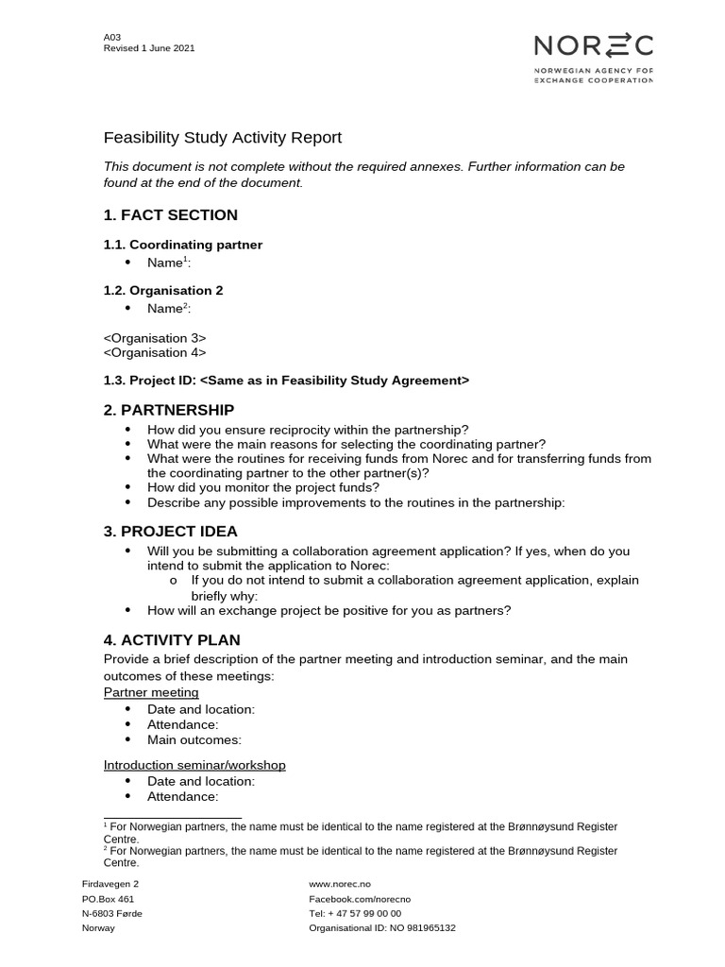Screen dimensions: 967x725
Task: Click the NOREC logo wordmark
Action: (593, 45)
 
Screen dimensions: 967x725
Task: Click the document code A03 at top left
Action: (112, 38)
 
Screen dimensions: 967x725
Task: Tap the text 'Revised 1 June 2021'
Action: (149, 49)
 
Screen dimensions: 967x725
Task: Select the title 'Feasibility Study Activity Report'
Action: (222, 138)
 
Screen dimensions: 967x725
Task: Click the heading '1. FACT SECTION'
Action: (170, 215)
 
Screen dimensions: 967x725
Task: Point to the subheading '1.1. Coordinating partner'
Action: (182, 245)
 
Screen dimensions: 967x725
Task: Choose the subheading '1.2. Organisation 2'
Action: (163, 291)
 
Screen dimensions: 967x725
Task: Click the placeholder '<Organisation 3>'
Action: (155, 338)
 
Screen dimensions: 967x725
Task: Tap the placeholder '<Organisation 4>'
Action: (155, 352)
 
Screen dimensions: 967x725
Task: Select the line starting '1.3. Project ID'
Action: (286, 381)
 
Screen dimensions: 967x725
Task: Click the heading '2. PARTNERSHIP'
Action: (168, 410)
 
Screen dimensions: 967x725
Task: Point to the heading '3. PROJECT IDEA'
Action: (170, 532)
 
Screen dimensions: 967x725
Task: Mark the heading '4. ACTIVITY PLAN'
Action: (172, 640)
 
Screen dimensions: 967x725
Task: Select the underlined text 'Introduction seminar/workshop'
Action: (194, 765)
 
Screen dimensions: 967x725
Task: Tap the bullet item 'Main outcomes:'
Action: (194, 739)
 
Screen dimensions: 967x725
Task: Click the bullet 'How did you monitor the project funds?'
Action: (263, 488)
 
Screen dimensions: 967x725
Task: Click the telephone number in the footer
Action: (355, 913)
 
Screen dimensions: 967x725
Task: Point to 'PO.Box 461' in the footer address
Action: (109, 899)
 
